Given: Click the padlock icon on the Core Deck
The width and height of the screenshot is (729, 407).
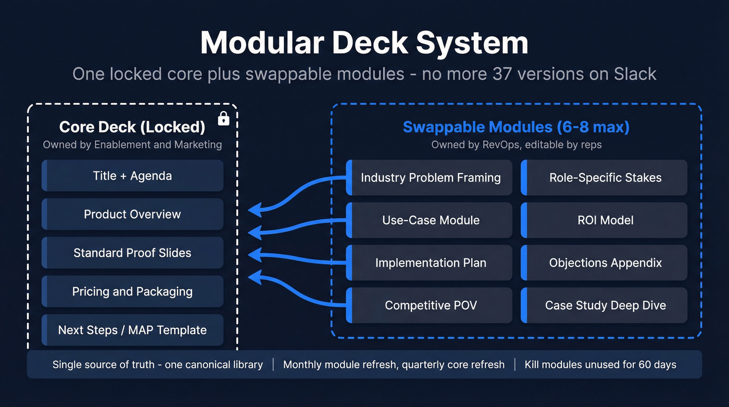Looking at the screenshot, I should [x=223, y=119].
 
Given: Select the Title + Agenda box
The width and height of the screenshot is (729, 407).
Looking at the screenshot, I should [x=132, y=176].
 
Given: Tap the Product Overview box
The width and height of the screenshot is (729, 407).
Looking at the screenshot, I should [x=132, y=214].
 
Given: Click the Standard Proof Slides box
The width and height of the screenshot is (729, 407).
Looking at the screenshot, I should [x=132, y=253].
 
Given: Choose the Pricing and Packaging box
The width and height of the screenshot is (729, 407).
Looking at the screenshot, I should [x=132, y=291].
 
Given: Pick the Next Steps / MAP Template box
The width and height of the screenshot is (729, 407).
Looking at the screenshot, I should [x=132, y=330].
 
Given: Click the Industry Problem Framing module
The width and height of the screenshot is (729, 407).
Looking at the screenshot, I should [x=430, y=178].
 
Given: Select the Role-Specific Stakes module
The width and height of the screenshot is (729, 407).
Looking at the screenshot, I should [x=605, y=178].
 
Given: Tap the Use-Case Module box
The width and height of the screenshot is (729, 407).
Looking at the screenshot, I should [x=430, y=220].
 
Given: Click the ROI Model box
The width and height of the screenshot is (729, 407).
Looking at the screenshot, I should [x=605, y=220].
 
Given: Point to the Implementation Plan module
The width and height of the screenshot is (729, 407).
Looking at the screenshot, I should [x=430, y=263].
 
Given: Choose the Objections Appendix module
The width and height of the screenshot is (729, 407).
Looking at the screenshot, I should [x=605, y=263].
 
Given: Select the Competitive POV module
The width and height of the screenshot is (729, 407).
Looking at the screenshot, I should [x=430, y=305].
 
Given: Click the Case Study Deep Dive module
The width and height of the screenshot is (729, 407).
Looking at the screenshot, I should [x=605, y=305].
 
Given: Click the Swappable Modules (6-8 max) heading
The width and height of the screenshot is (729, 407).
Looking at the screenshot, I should [x=516, y=127].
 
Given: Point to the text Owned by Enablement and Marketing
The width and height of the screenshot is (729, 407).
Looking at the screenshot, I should [x=132, y=144].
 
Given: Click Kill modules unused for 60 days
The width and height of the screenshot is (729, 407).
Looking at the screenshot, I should [x=600, y=365].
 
